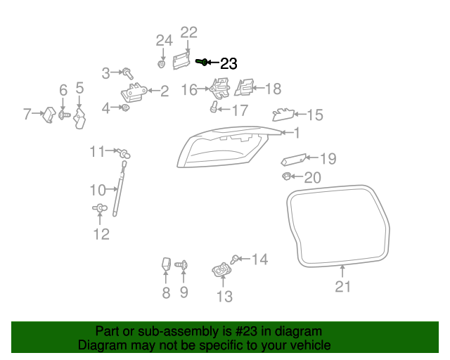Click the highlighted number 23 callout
click(x=229, y=63)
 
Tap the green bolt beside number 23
click(x=201, y=62)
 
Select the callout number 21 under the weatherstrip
click(x=342, y=286)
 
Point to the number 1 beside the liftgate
click(x=296, y=132)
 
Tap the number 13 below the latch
click(x=224, y=296)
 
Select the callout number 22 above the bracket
click(x=189, y=32)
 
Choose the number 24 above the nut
click(x=164, y=40)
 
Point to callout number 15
click(x=314, y=115)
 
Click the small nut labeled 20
click(x=286, y=175)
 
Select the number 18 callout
click(x=272, y=89)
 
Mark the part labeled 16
click(x=219, y=89)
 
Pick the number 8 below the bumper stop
click(x=166, y=292)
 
